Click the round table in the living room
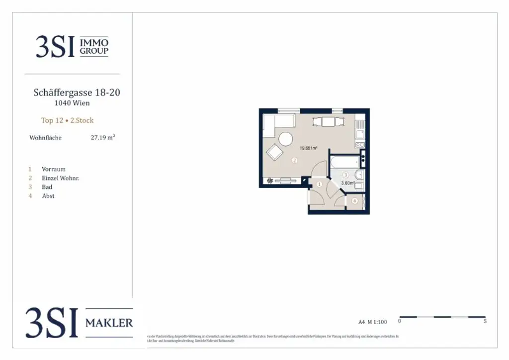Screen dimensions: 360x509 [x=285, y=139]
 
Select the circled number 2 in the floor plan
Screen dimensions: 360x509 [x=294, y=160]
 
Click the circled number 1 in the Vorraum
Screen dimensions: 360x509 [x=320, y=184]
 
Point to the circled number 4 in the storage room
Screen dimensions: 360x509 [x=354, y=201]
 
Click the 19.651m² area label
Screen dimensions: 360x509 [x=308, y=148]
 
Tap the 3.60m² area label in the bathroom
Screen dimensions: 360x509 [x=347, y=183]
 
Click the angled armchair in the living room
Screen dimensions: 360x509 [x=275, y=152]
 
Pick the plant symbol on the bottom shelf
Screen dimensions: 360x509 [x=269, y=181]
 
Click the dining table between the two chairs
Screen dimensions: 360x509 [x=329, y=121]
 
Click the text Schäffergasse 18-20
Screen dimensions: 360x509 [x=77, y=92]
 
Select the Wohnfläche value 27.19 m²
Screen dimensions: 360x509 [x=103, y=138]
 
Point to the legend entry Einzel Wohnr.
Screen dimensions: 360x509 [x=60, y=178]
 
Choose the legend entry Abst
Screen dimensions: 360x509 [x=48, y=196]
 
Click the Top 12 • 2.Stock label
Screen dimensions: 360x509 [x=67, y=120]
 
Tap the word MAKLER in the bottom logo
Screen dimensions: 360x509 [x=109, y=323]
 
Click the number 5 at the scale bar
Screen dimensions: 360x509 [x=485, y=321]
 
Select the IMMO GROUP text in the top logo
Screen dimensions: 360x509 [x=94, y=47]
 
